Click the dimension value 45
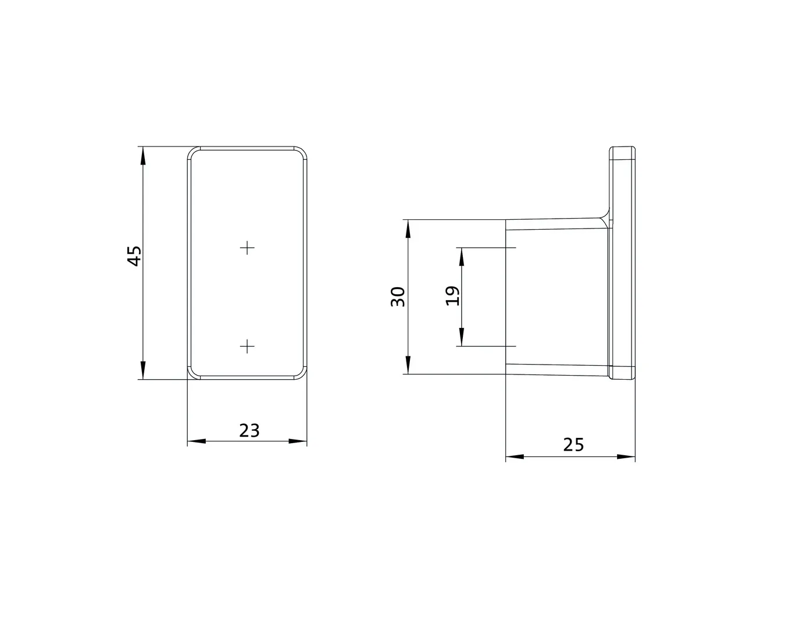pyautogui.click(x=134, y=256)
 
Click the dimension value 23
pyautogui.click(x=249, y=430)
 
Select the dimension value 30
pyautogui.click(x=398, y=297)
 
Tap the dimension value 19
pyautogui.click(x=453, y=296)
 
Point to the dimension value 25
pyautogui.click(x=573, y=445)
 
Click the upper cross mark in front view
pyautogui.click(x=248, y=248)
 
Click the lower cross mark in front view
pyautogui.click(x=248, y=347)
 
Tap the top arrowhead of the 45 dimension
pyautogui.click(x=142, y=155)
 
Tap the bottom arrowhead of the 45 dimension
pyautogui.click(x=142, y=371)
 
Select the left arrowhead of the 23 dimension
pyautogui.click(x=195, y=441)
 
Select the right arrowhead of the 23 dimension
pyautogui.click(x=298, y=441)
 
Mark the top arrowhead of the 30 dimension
pyautogui.click(x=408, y=228)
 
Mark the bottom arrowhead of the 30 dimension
pyautogui.click(x=408, y=365)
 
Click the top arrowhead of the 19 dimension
pyautogui.click(x=462, y=256)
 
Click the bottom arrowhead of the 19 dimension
pyautogui.click(x=462, y=338)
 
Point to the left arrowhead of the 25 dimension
pyautogui.click(x=514, y=456)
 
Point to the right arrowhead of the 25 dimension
pyautogui.click(x=627, y=456)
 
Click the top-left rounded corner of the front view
pyautogui.click(x=192, y=152)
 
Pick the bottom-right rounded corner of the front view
pyautogui.click(x=302, y=374)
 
